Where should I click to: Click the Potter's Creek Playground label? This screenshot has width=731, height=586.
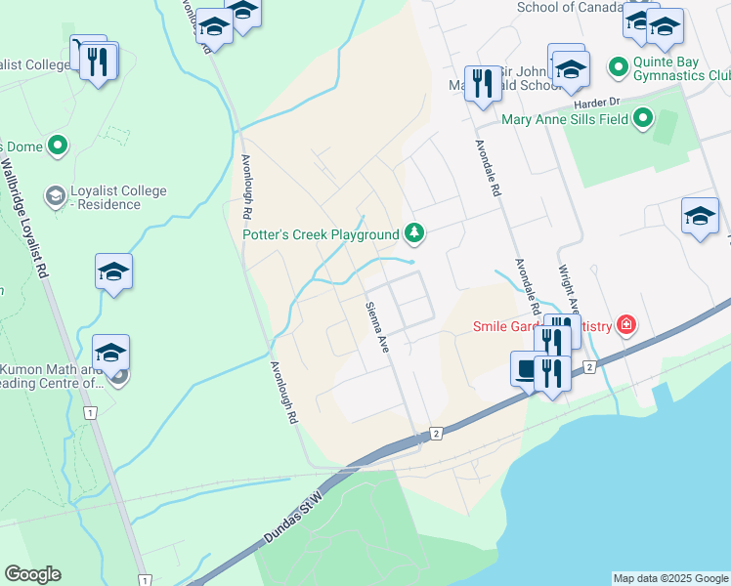coord(321,233)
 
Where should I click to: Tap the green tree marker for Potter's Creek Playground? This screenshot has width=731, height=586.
coord(415,232)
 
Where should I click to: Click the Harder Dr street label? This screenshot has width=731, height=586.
coord(599,102)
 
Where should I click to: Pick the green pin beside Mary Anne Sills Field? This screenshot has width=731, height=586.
coord(642,119)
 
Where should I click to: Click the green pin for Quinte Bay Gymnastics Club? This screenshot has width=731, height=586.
coord(618,66)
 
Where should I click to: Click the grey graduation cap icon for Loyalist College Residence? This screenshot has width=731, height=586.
coord(55,197)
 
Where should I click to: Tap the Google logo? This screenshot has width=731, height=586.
coord(32,574)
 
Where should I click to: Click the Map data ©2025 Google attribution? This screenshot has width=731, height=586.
coord(669,578)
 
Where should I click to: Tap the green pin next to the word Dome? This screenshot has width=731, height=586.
coord(57,146)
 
